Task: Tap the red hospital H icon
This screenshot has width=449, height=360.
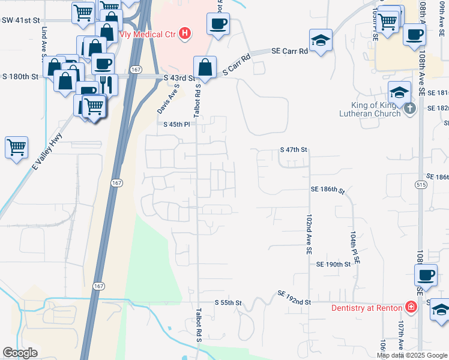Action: (x=185, y=33)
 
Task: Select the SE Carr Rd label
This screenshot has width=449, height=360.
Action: (x=289, y=52)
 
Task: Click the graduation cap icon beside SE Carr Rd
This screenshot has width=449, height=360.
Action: (x=321, y=41)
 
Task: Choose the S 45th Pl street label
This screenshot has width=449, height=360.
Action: (x=177, y=124)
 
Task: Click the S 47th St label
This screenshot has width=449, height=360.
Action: (x=294, y=149)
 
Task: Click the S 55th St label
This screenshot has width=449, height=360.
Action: (x=228, y=303)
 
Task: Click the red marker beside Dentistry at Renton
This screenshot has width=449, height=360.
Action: (x=411, y=308)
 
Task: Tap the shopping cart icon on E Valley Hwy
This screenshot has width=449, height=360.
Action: (x=16, y=147)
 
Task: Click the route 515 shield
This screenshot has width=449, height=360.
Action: (x=420, y=186)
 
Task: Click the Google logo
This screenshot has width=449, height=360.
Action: (x=20, y=353)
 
